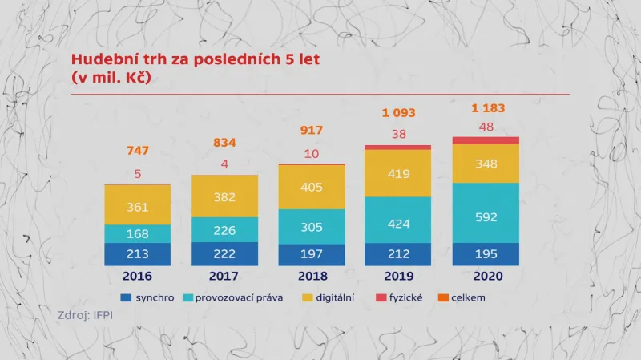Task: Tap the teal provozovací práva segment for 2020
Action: click(486, 216)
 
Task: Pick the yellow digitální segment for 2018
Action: click(312, 187)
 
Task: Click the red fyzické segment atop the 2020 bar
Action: click(486, 140)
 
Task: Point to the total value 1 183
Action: click(488, 107)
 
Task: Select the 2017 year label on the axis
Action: click(224, 277)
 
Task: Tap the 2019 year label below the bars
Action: click(397, 277)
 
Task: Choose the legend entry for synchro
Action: click(149, 297)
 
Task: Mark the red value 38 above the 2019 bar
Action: click(398, 134)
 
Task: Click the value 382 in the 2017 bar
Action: click(225, 197)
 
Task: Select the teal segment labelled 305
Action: click(312, 226)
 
